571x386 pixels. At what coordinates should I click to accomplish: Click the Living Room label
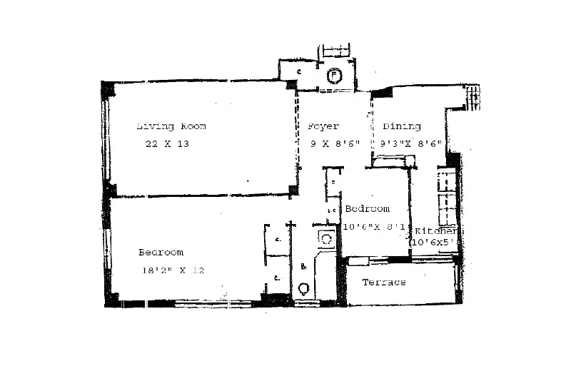click(x=171, y=126)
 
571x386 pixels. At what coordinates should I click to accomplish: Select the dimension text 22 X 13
click(x=166, y=143)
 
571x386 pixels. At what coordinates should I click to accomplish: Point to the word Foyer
click(x=323, y=126)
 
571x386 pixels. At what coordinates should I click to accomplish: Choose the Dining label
click(x=402, y=126)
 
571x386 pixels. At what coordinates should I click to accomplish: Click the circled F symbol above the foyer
click(x=333, y=75)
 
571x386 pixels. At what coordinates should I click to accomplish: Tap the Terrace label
click(x=384, y=283)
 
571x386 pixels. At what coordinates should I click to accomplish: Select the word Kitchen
click(x=434, y=231)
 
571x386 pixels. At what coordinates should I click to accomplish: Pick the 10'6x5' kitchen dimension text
click(x=434, y=243)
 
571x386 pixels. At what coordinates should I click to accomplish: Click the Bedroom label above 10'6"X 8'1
click(x=368, y=209)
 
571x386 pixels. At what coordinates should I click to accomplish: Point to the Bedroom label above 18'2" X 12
click(x=161, y=253)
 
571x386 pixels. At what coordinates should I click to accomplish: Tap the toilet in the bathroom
click(x=304, y=289)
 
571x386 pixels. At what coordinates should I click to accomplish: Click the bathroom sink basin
click(x=326, y=239)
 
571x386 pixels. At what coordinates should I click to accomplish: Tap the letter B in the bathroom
click(x=303, y=267)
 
